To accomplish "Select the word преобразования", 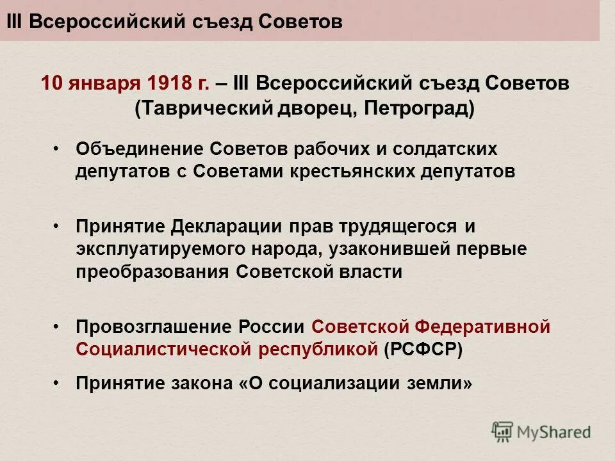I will click(152, 271).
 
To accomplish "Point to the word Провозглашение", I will click(153, 327).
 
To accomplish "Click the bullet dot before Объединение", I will click(56, 149).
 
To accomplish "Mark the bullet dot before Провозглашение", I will click(56, 327).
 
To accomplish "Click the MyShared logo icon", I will click(503, 432).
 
